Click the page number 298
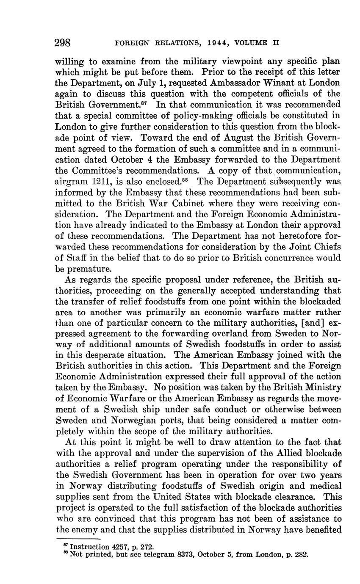(x=63, y=43)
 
